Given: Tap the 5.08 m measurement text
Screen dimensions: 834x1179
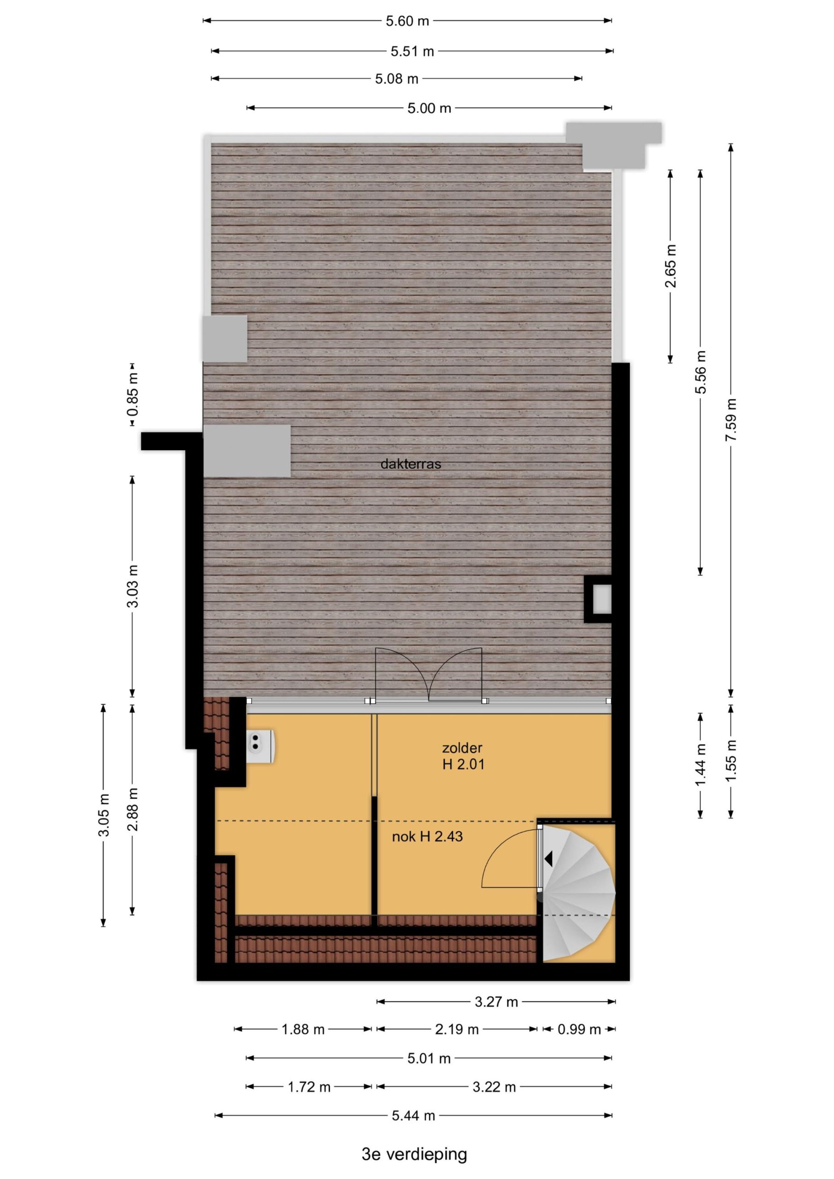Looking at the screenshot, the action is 397,79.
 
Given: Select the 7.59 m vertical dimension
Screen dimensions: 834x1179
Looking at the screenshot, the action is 731,419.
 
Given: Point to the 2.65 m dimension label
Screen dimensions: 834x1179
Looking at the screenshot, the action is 670,266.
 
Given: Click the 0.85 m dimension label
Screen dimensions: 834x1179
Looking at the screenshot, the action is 133,394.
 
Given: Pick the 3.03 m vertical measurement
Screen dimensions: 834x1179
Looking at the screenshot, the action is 133,586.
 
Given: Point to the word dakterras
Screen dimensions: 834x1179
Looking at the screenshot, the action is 411,464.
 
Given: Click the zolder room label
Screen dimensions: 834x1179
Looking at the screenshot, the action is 463,747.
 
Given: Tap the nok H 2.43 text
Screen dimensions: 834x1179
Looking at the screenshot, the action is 427,836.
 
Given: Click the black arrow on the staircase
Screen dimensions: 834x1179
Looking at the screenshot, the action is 549,858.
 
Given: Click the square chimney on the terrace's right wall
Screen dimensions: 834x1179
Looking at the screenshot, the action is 599,599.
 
